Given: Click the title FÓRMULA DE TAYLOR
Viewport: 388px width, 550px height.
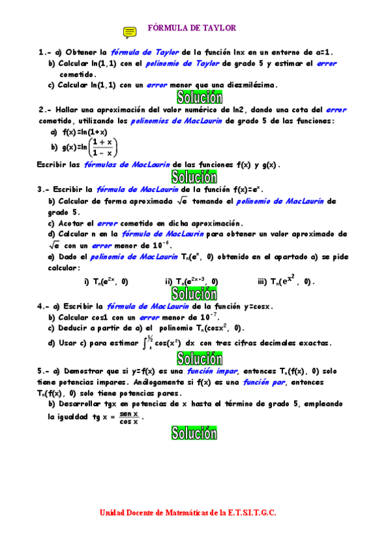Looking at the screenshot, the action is click(x=192, y=28).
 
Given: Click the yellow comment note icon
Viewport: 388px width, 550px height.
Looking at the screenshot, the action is click(x=130, y=32).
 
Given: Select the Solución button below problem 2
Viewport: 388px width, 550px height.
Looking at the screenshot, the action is click(x=194, y=176).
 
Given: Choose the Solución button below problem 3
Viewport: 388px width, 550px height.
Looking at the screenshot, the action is click(x=194, y=294).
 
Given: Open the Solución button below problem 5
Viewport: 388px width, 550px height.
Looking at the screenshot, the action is click(x=194, y=433).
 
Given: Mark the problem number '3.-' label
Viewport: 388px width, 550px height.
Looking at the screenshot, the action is click(x=45, y=189).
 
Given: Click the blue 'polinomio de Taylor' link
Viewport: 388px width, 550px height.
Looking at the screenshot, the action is click(x=187, y=64).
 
